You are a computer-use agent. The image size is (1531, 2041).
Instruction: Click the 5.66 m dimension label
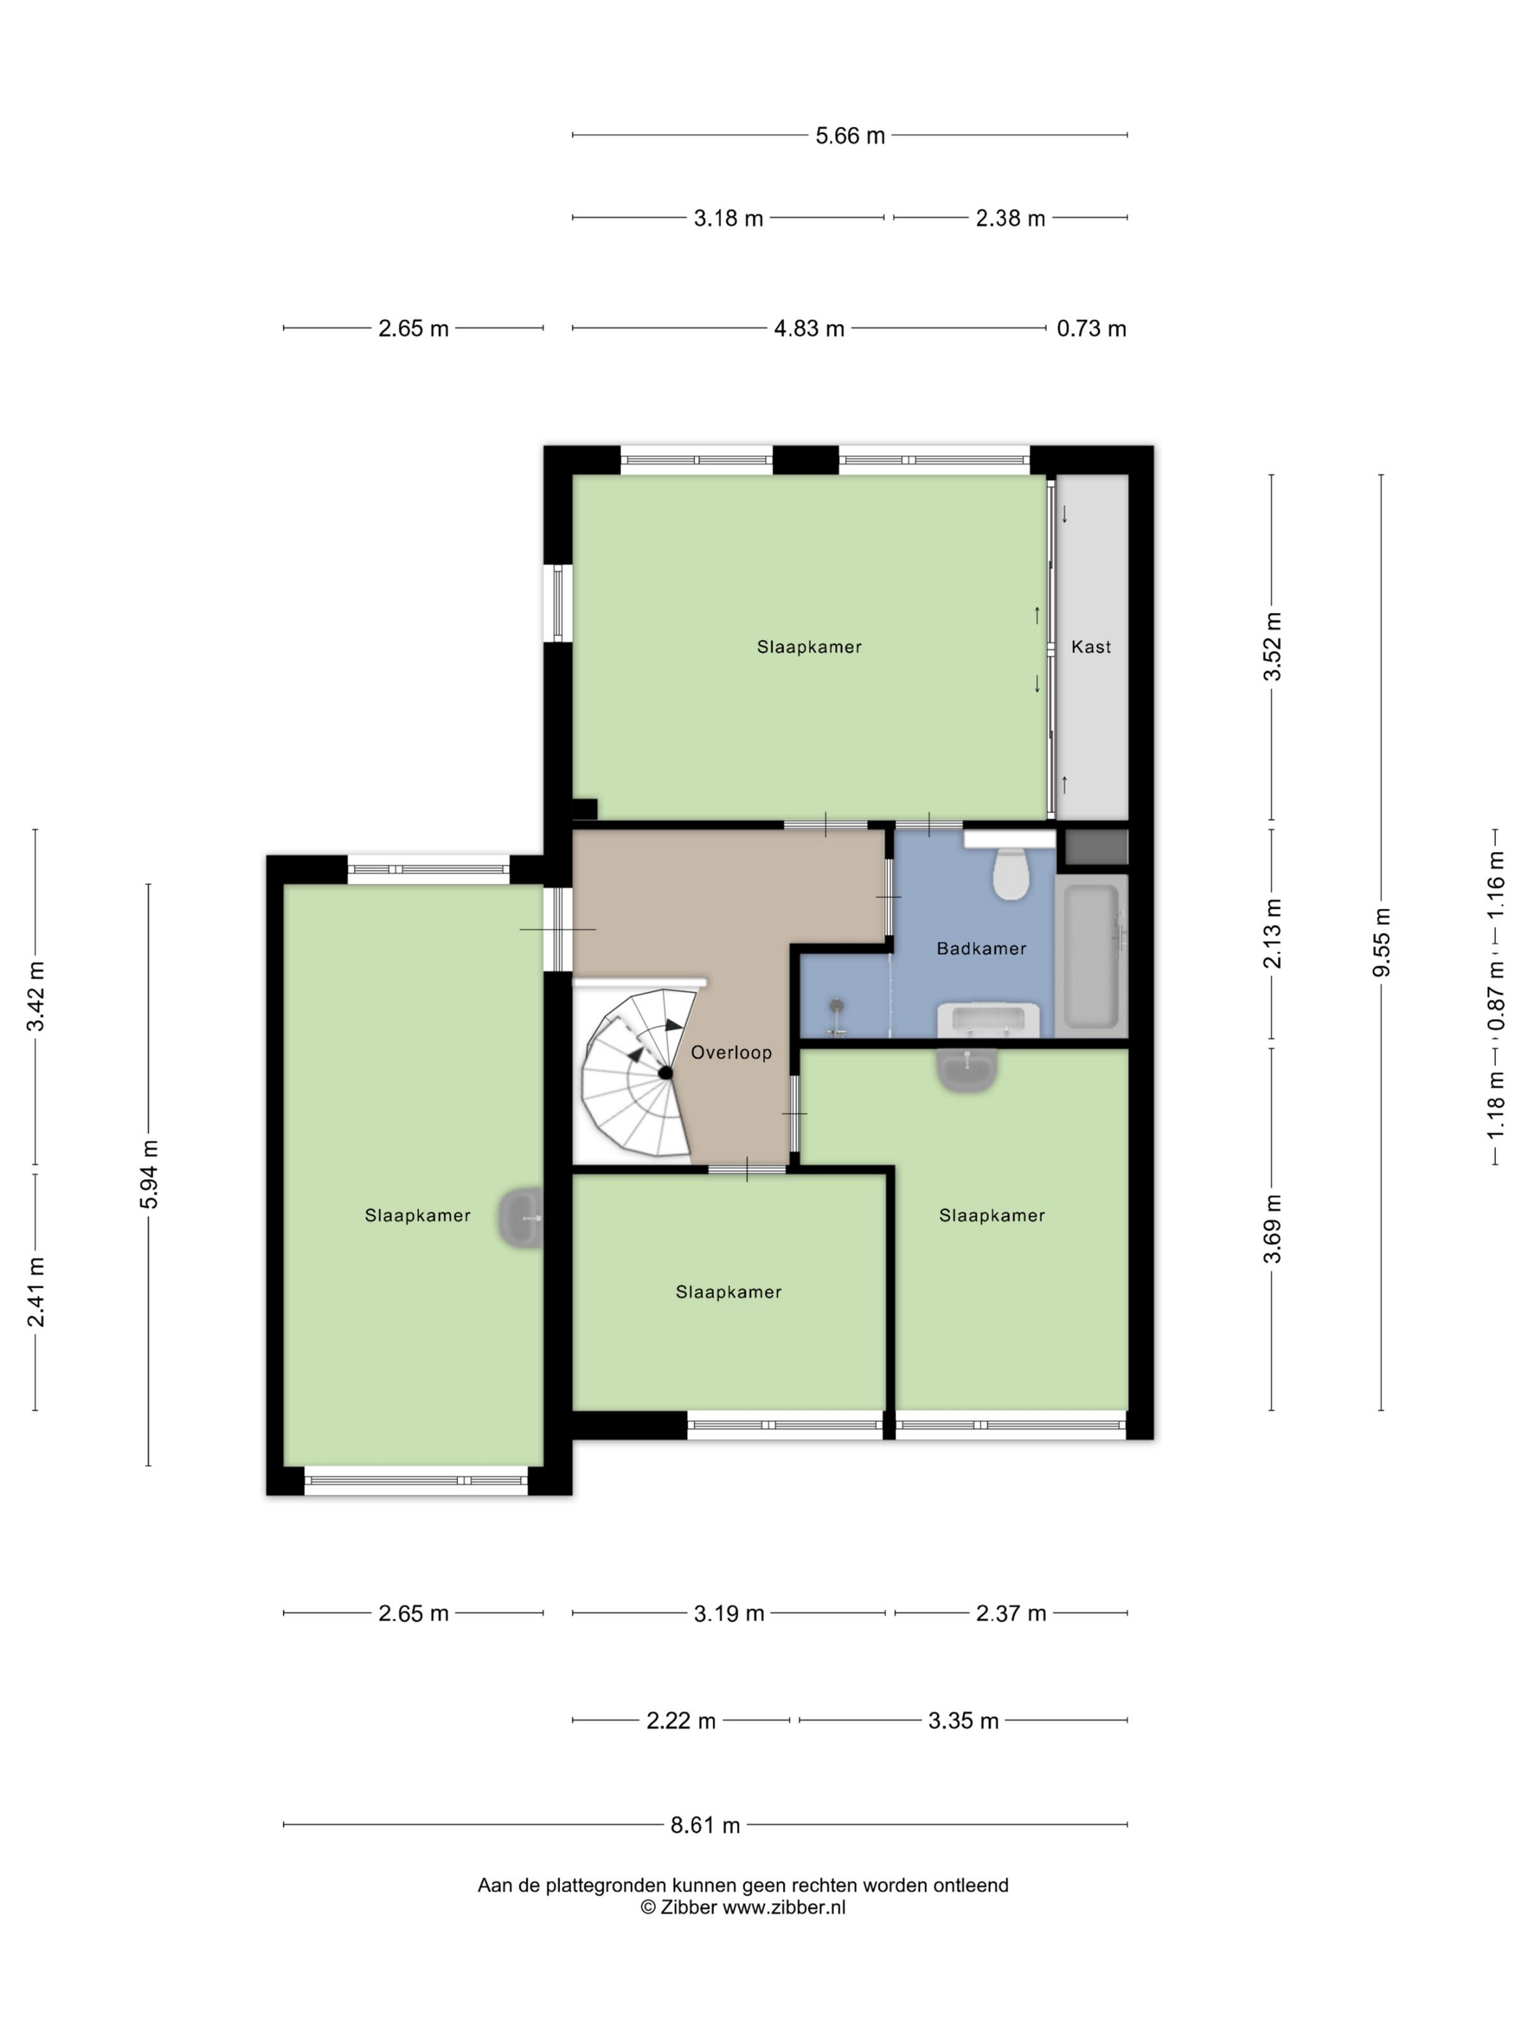click(x=849, y=136)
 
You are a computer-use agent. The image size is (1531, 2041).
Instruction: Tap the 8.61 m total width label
click(x=705, y=1825)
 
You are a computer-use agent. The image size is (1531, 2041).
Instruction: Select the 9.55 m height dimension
click(x=1381, y=941)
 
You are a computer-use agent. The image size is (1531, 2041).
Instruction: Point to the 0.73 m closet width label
click(x=1091, y=329)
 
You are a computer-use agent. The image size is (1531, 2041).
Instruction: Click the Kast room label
click(x=1091, y=647)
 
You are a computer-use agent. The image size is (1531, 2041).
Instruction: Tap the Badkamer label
click(x=981, y=948)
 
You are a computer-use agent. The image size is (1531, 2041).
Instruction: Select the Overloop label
click(x=731, y=1052)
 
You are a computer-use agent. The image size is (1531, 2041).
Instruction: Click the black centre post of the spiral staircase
click(x=664, y=1072)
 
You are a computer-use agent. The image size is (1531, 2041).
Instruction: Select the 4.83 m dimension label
click(x=809, y=329)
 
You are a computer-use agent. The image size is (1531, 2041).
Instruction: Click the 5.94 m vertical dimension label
click(x=149, y=1174)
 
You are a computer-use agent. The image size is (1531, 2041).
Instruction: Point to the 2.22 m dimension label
click(x=681, y=1721)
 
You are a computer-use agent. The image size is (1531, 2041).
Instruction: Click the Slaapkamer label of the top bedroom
click(x=809, y=647)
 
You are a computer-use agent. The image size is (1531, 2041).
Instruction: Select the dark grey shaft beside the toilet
click(x=1096, y=846)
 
